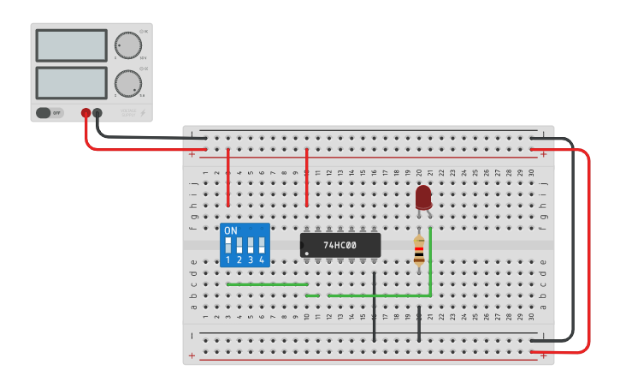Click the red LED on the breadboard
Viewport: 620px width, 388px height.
point(423,197)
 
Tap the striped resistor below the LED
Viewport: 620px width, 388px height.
point(418,251)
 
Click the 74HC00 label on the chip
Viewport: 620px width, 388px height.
point(340,245)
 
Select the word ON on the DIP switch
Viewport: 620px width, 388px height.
point(231,231)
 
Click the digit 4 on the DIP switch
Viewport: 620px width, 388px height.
point(262,260)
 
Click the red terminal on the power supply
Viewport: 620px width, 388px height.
point(86,113)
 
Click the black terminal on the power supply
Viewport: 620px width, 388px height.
point(97,113)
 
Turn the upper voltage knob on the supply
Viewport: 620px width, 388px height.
point(128,45)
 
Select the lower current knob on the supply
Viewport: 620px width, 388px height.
point(128,83)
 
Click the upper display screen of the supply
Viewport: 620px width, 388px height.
point(71,45)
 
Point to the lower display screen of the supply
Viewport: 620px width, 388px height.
point(71,82)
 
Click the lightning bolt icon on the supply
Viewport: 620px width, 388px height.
point(143,112)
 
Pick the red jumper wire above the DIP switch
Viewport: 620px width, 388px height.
point(228,178)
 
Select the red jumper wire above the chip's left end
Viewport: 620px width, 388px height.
point(306,178)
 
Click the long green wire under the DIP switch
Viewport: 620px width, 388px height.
point(267,284)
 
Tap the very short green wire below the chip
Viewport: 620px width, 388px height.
point(312,295)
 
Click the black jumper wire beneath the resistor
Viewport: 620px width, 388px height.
point(419,324)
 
